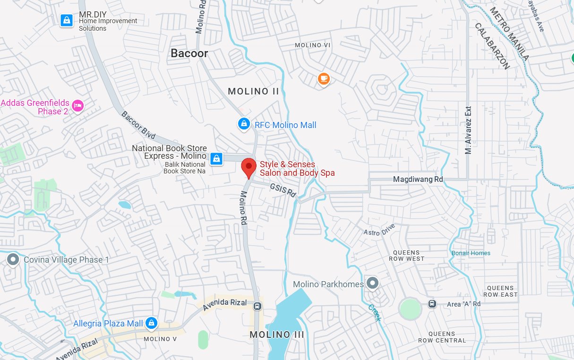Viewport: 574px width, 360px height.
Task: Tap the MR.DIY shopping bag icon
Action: (67, 20)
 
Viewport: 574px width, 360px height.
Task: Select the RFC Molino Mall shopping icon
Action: (244, 124)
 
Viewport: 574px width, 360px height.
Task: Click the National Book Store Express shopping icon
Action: (216, 159)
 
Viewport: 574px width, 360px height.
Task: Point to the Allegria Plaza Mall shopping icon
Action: (151, 323)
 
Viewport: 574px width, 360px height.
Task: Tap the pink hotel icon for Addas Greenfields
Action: (78, 105)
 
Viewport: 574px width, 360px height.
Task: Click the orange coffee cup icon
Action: (324, 78)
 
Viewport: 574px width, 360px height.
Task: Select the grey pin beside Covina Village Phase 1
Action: (13, 259)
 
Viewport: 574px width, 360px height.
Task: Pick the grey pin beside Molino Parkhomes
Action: (373, 283)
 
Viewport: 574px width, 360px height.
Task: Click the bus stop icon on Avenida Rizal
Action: (257, 306)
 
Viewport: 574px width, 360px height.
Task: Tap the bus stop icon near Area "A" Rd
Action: (432, 304)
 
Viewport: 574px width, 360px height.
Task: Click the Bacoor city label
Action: (189, 53)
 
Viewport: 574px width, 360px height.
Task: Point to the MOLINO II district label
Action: (254, 91)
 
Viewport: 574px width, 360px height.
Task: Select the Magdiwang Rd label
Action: (418, 180)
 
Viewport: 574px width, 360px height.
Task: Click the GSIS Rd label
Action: (283, 190)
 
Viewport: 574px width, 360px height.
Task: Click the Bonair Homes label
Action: (471, 253)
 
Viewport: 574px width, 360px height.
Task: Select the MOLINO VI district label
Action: (312, 45)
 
